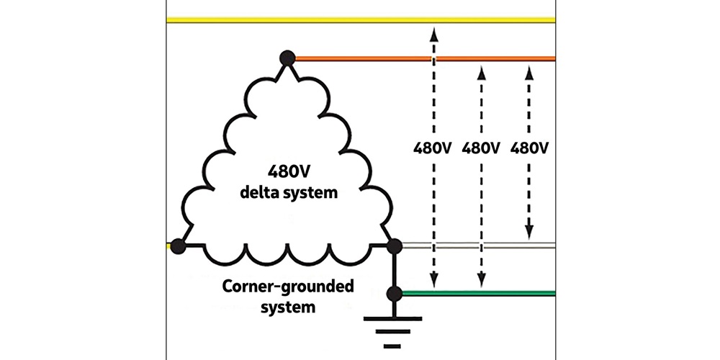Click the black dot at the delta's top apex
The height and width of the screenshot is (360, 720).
[287, 58]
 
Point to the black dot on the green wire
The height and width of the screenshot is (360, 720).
[394, 293]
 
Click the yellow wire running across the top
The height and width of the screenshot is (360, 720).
[360, 19]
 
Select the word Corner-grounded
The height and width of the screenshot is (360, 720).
[287, 287]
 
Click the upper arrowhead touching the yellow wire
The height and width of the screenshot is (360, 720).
[433, 32]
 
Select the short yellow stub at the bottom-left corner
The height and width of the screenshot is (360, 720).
[170, 246]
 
